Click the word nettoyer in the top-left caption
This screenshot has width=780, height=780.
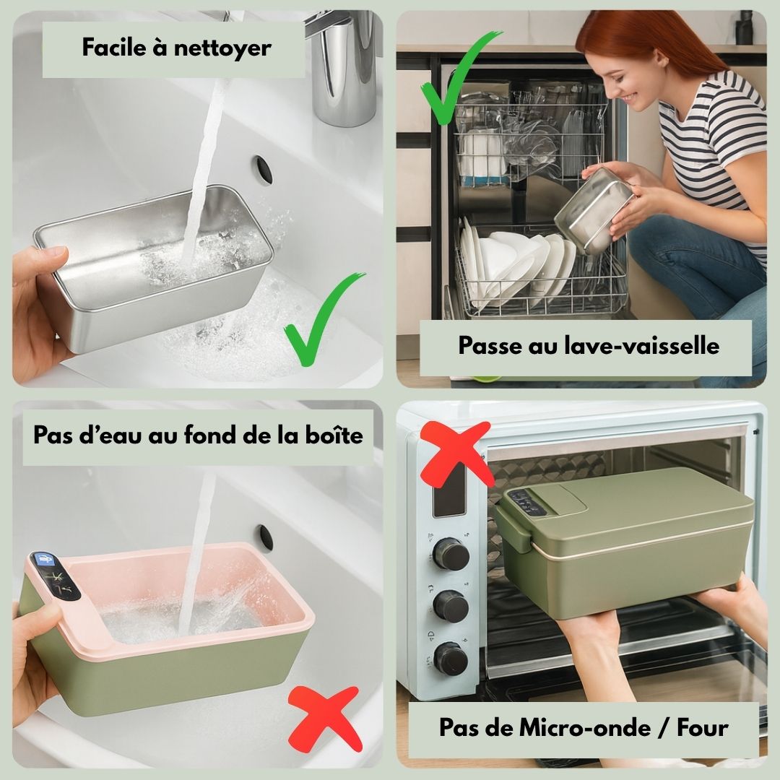pyautogui.click(x=222, y=49)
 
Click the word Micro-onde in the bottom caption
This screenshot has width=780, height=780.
pyautogui.click(x=584, y=728)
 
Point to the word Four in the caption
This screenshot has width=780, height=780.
pyautogui.click(x=703, y=728)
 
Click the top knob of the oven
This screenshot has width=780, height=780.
pyautogui.click(x=451, y=553)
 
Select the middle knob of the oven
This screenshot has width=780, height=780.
pyautogui.click(x=450, y=607)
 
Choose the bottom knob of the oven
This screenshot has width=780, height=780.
pyautogui.click(x=450, y=659)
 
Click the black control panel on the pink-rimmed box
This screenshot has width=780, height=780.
pyautogui.click(x=55, y=576)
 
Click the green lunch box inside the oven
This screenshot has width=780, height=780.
pyautogui.click(x=624, y=542)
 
